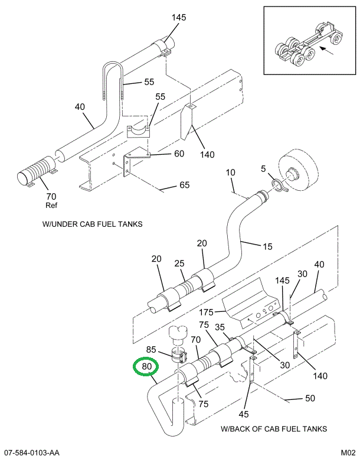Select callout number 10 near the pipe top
coord(230,172)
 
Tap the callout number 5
coord(263,170)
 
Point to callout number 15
coord(267,246)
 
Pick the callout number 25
coord(179,263)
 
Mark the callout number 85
coord(150,349)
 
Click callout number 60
coord(178,154)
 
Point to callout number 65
coord(184,185)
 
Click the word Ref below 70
coord(51,206)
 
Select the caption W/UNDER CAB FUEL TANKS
coord(92,224)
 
